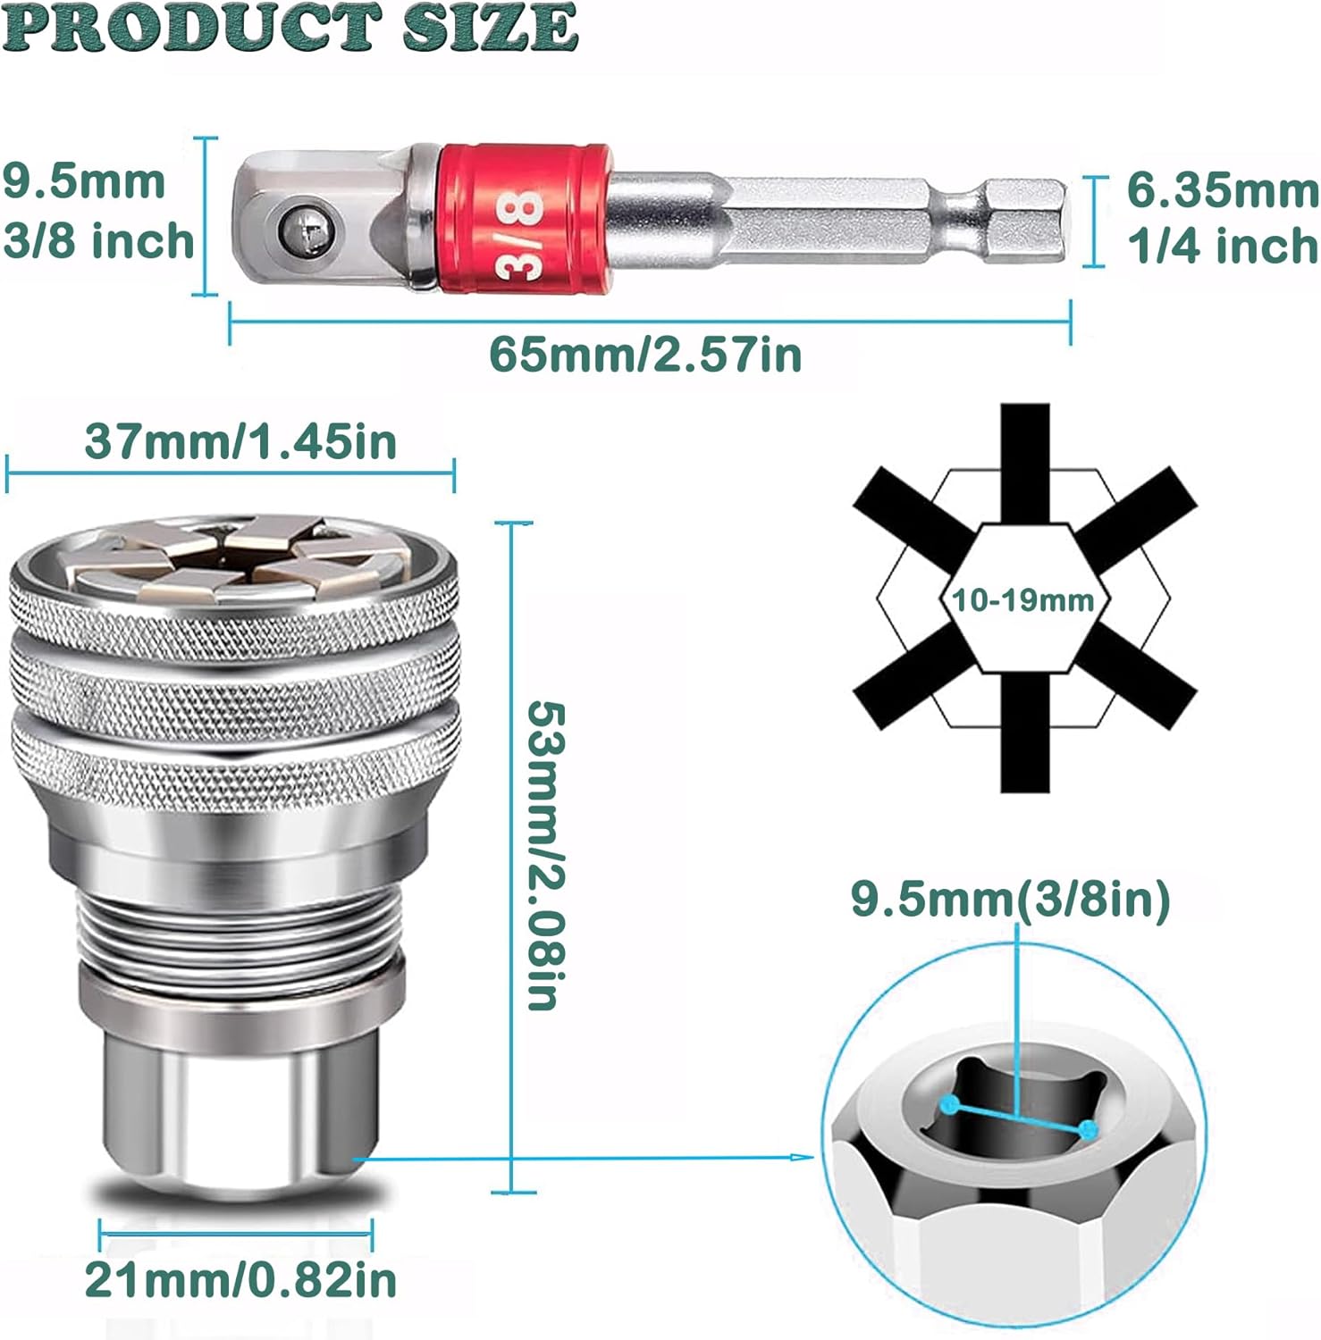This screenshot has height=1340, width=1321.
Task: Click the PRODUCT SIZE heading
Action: (291, 28)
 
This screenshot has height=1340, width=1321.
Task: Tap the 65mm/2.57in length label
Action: (645, 355)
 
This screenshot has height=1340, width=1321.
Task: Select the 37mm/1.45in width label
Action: (240, 441)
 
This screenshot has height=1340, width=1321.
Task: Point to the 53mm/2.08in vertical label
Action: (546, 855)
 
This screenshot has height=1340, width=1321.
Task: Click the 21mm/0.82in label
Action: (240, 1279)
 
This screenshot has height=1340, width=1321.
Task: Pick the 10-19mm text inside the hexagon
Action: (1022, 599)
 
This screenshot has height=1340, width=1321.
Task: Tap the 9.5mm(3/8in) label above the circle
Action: (1010, 899)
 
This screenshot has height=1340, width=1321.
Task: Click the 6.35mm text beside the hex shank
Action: (1223, 190)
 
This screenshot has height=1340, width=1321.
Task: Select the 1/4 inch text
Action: (1223, 246)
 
